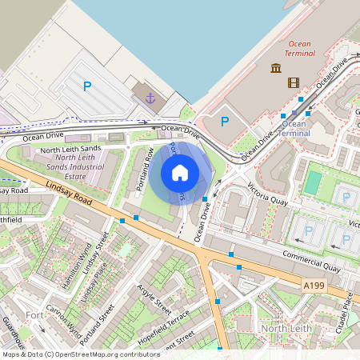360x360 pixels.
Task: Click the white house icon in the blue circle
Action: (180, 173)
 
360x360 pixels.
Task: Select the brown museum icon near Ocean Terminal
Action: (276, 68)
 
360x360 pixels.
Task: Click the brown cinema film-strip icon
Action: (294, 82)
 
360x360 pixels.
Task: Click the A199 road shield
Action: (313, 284)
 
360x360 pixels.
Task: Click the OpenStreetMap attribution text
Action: (81, 354)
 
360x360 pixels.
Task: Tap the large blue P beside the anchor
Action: (87, 86)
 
